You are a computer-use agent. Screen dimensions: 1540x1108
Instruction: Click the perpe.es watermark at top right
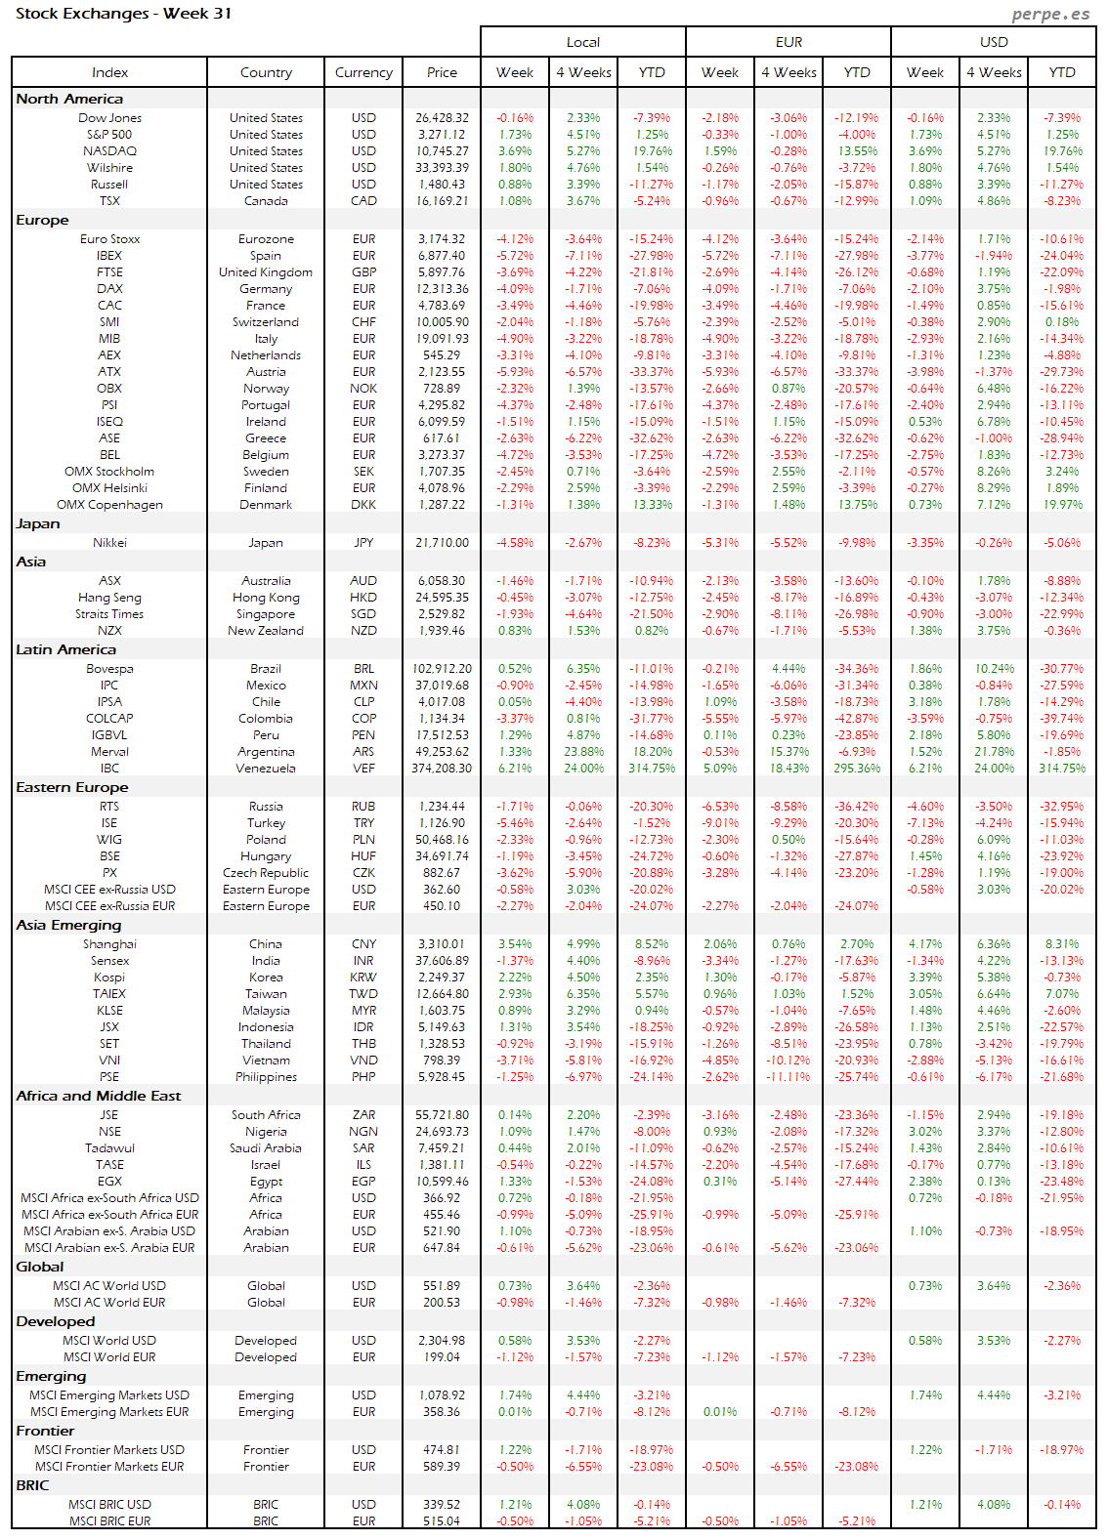coord(1050,14)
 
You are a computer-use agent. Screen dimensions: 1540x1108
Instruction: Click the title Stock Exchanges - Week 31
coord(123,14)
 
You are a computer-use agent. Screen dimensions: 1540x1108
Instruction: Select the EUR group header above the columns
coord(788,42)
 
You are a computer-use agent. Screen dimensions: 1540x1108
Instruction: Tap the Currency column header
coord(363,72)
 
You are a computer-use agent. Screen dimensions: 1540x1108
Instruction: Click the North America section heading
coord(69,99)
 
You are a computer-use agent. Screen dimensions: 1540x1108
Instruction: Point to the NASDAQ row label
coord(109,151)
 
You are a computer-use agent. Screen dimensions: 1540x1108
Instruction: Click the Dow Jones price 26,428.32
coord(442,118)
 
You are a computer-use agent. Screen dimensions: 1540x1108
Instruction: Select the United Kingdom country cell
coord(266,272)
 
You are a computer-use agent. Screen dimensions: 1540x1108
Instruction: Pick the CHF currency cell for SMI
coord(363,322)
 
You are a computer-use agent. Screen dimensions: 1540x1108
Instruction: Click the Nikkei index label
coord(109,543)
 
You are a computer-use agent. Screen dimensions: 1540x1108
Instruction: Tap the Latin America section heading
coord(65,649)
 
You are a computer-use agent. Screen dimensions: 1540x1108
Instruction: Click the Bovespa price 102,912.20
coord(442,669)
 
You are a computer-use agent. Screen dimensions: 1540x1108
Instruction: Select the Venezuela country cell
coord(266,769)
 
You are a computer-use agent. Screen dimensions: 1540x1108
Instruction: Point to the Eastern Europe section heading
coord(71,787)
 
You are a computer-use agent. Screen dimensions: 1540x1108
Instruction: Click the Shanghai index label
coord(109,944)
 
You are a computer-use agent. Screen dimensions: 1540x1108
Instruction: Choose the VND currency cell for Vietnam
coord(363,1061)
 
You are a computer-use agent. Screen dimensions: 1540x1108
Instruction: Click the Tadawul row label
coord(109,1148)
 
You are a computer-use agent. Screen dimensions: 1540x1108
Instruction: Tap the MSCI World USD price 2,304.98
coord(442,1341)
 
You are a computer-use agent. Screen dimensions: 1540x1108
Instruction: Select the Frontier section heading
coord(45,1431)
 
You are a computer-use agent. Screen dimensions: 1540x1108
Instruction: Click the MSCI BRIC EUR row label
coord(109,1521)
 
